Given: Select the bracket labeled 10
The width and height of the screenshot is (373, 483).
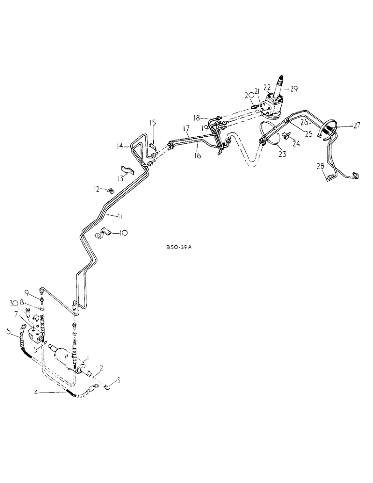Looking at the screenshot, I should pos(102,234).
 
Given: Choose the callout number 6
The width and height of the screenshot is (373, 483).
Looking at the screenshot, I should pos(8,331).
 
